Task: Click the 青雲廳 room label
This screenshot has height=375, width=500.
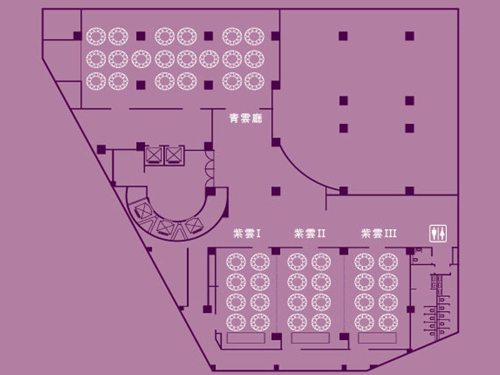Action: click(246, 119)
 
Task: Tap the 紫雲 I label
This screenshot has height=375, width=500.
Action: click(247, 233)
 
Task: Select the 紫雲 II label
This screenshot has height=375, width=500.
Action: click(309, 233)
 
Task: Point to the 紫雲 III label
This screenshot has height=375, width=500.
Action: click(379, 233)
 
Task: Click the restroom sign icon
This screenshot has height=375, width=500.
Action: click(438, 233)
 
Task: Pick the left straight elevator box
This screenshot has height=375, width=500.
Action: click(154, 156)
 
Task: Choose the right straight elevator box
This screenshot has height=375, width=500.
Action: click(174, 156)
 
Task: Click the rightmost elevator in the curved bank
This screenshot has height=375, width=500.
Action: click(194, 225)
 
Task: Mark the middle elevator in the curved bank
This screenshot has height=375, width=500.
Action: click(166, 227)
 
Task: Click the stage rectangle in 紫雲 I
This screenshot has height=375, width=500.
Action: click(246, 338)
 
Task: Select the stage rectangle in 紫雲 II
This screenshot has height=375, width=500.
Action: click(310, 338)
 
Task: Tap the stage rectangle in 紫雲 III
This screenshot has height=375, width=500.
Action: click(377, 338)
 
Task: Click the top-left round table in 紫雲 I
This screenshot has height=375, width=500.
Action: click(236, 262)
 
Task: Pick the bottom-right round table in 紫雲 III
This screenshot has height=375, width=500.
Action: click(388, 322)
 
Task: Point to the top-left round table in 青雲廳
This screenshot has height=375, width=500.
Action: click(96, 36)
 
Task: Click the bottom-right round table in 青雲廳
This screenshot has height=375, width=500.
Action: click(254, 81)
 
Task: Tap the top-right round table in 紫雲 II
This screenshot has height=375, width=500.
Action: click(321, 262)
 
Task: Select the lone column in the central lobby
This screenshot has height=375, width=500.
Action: click(276, 191)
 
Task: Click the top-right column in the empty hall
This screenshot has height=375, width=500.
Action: click(410, 36)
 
